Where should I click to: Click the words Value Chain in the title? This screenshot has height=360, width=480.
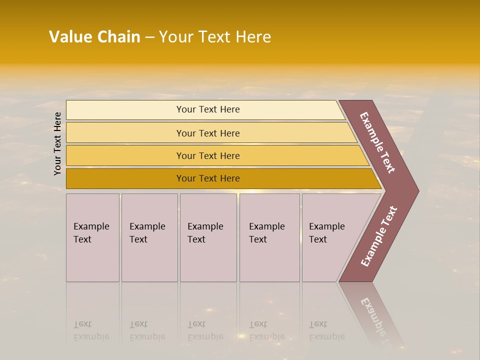pos(94,37)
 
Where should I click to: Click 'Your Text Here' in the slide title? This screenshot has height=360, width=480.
pos(215,37)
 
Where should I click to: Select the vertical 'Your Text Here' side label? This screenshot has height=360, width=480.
pos(57,143)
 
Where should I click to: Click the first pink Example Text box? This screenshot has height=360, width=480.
pos(92,238)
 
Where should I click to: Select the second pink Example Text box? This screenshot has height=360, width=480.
pos(149,238)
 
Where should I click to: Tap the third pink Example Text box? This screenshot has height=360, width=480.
pos(208,238)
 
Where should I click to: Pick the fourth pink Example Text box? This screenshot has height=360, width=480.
pos(269,238)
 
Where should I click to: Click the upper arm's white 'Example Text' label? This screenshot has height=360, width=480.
pos(377,142)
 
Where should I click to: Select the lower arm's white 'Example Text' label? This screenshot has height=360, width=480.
pos(379,236)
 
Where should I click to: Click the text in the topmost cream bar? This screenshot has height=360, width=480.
pos(208,109)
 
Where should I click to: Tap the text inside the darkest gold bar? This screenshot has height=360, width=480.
pos(208,178)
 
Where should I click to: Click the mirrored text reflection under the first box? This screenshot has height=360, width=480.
pos(91,330)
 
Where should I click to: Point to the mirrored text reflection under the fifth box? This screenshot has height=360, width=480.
pos(326,330)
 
